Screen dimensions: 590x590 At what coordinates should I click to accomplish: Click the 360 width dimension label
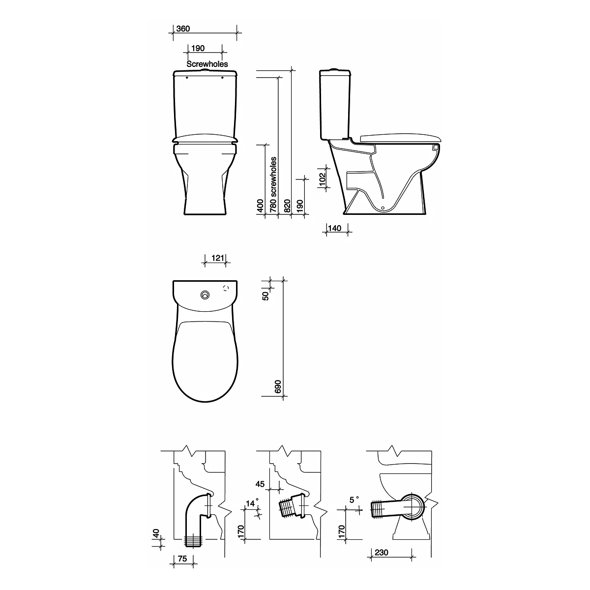[x=183, y=29]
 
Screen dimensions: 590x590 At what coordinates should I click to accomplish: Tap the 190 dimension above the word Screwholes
[x=198, y=48]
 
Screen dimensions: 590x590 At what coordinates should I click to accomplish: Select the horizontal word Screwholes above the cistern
[x=207, y=64]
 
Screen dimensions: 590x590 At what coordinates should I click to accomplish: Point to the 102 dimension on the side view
[x=323, y=179]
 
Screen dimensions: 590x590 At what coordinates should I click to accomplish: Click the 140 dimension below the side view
[x=334, y=229]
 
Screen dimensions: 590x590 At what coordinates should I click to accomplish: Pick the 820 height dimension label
[x=287, y=206]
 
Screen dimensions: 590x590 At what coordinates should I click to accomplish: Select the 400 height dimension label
[x=260, y=206]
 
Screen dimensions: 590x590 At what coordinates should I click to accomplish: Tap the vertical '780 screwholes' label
[x=273, y=185]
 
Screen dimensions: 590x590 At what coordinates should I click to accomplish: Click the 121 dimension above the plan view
[x=218, y=258]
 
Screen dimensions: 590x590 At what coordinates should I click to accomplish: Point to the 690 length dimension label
[x=278, y=387]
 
